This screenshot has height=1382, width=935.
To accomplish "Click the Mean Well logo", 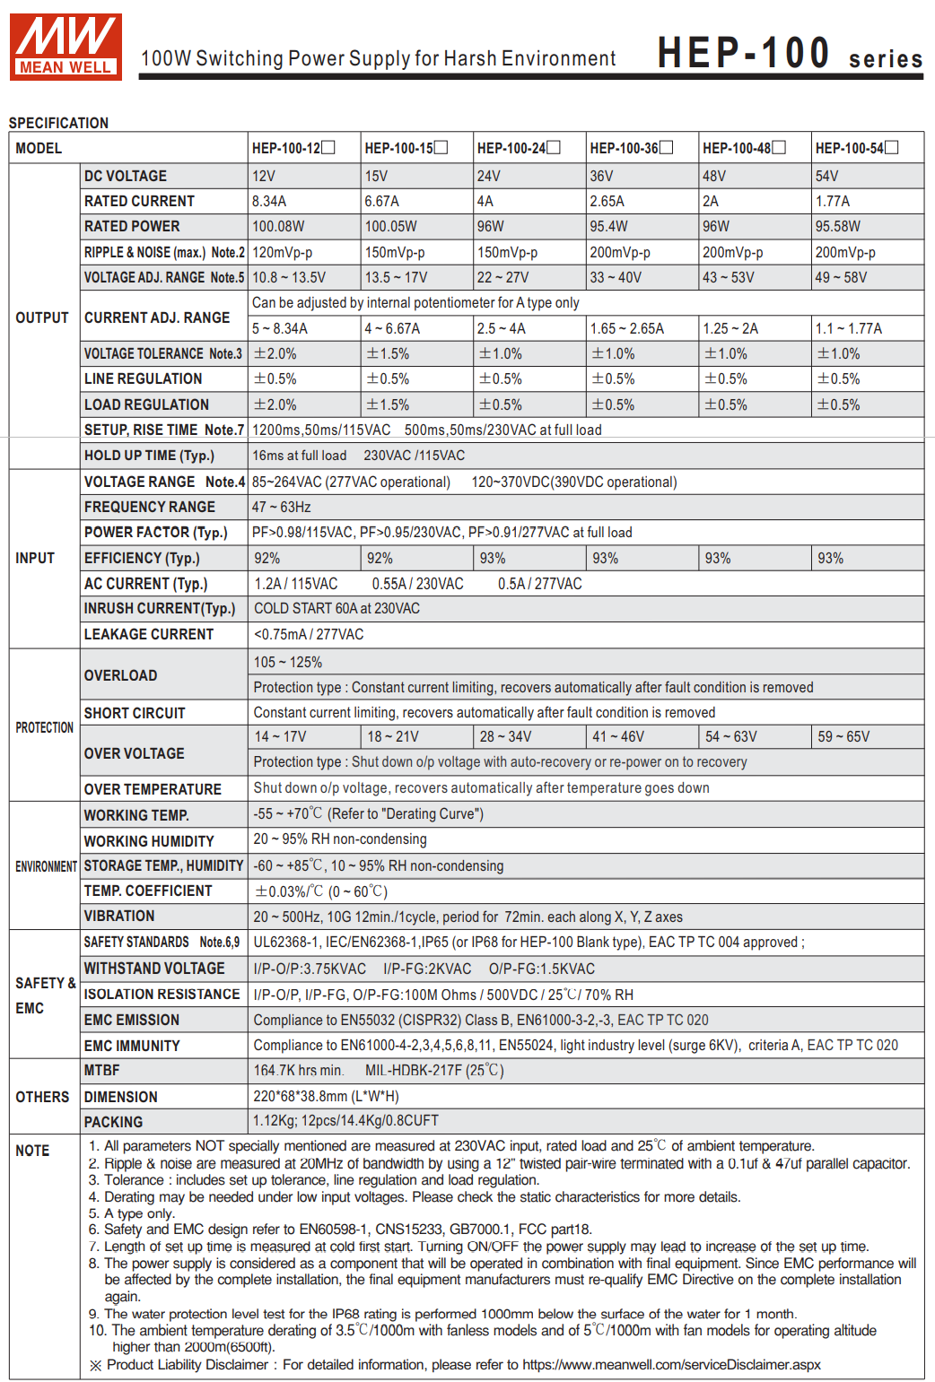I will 66,47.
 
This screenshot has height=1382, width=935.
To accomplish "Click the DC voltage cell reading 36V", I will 601,176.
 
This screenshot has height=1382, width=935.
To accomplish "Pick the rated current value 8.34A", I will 269,201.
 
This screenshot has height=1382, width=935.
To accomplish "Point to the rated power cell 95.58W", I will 837,226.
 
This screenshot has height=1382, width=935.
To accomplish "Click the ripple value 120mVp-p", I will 282,253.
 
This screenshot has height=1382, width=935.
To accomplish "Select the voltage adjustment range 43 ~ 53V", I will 728,277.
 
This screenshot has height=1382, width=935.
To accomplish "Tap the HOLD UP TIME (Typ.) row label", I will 149,456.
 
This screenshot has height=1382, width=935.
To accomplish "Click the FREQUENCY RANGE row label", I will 149,507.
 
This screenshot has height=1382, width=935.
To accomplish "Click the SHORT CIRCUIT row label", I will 135,713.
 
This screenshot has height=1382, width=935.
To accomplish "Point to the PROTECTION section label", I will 44,727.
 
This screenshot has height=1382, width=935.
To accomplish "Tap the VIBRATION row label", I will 119,916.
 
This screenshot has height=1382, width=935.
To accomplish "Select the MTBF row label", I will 101,1070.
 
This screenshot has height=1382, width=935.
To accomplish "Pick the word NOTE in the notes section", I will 32,1151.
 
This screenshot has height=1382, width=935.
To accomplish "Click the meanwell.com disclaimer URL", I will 671,1364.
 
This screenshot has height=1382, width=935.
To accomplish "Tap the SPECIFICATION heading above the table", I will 58,123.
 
